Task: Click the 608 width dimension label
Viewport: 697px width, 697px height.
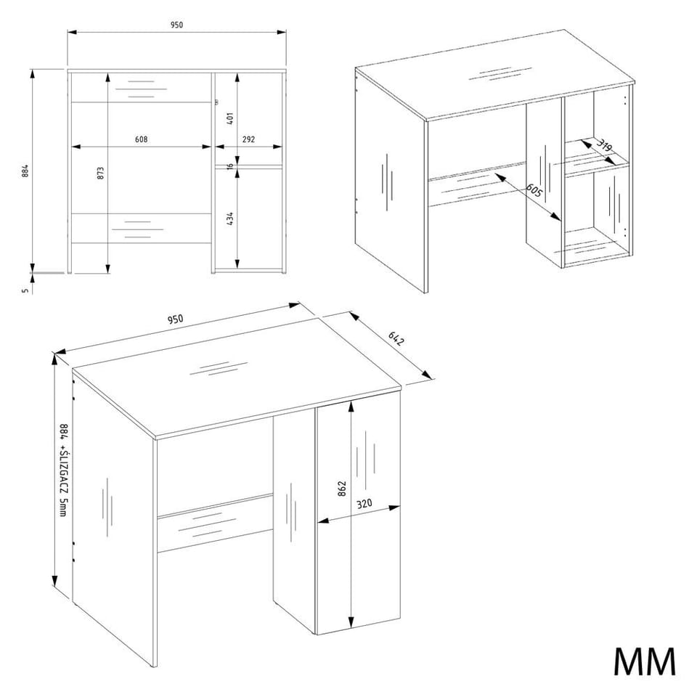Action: point(142,139)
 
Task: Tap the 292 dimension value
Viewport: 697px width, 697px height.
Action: point(248,139)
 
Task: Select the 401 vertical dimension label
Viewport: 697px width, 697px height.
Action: point(230,118)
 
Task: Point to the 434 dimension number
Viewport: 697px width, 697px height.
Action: point(230,219)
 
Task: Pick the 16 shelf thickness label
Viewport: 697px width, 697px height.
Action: point(230,166)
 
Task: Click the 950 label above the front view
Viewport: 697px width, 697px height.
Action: point(176,25)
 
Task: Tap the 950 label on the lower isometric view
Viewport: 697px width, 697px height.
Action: point(175,319)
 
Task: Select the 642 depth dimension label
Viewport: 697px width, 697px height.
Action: point(396,338)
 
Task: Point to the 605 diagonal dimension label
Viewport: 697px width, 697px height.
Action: point(534,190)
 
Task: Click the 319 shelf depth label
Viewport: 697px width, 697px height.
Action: point(603,144)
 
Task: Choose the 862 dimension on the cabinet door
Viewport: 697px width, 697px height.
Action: point(341,489)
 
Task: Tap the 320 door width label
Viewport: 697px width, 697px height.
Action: point(364,504)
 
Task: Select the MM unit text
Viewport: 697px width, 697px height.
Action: point(645,661)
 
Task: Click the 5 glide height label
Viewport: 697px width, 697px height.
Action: point(25,290)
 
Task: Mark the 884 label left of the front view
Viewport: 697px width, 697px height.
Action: point(25,171)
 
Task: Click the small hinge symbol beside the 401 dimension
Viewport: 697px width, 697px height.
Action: point(216,102)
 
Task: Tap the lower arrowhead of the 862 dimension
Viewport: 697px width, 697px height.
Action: point(351,622)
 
